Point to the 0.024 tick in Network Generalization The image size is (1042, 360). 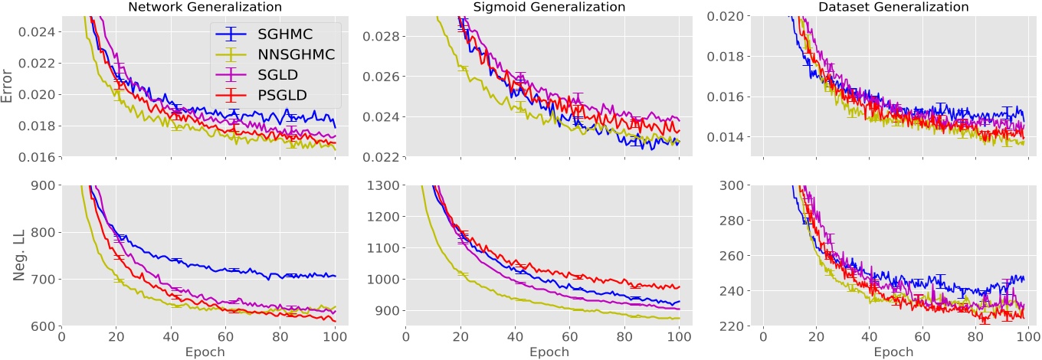(x=36, y=33)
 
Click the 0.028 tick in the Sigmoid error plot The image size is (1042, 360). (x=379, y=36)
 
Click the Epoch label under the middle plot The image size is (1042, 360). (x=549, y=352)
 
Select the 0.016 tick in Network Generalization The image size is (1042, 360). (x=36, y=157)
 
